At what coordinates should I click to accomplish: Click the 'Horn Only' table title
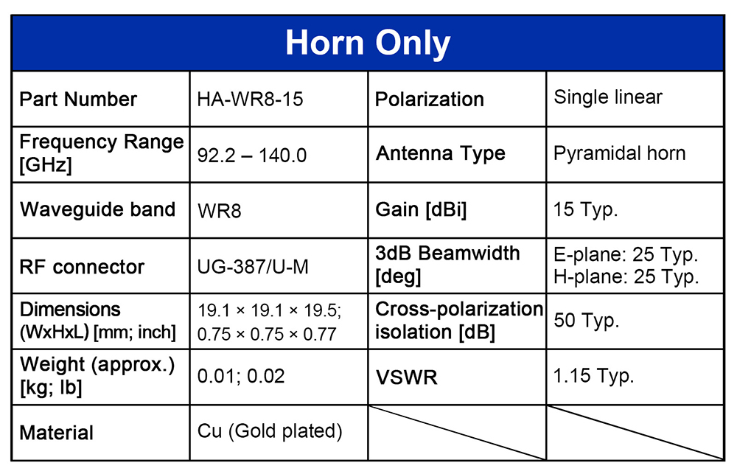point(368,43)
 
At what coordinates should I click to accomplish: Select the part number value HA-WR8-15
point(250,100)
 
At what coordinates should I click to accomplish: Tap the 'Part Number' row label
point(78,100)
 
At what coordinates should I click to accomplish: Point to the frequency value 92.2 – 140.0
point(252,156)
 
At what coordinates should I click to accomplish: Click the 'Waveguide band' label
point(98,209)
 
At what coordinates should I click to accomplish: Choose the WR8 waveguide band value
point(219,211)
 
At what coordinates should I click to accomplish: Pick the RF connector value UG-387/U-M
point(253,267)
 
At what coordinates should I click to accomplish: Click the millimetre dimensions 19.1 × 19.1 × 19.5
point(269,310)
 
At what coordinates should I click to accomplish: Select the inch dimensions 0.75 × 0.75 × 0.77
point(267,334)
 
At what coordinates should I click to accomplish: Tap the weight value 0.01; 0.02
point(241,376)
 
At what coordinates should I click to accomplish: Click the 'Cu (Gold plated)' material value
point(270,431)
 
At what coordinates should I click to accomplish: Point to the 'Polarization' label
point(430,100)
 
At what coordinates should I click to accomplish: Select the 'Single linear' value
point(608,97)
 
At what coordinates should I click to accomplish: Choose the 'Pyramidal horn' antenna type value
point(620,154)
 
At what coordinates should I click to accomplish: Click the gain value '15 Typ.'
point(586,209)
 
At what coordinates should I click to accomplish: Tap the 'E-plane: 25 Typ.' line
point(626,254)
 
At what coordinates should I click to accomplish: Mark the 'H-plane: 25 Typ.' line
point(626,276)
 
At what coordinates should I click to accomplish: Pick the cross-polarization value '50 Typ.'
point(587,320)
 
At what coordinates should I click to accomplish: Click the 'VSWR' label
point(407,377)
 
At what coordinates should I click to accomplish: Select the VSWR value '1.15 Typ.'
point(594,376)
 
